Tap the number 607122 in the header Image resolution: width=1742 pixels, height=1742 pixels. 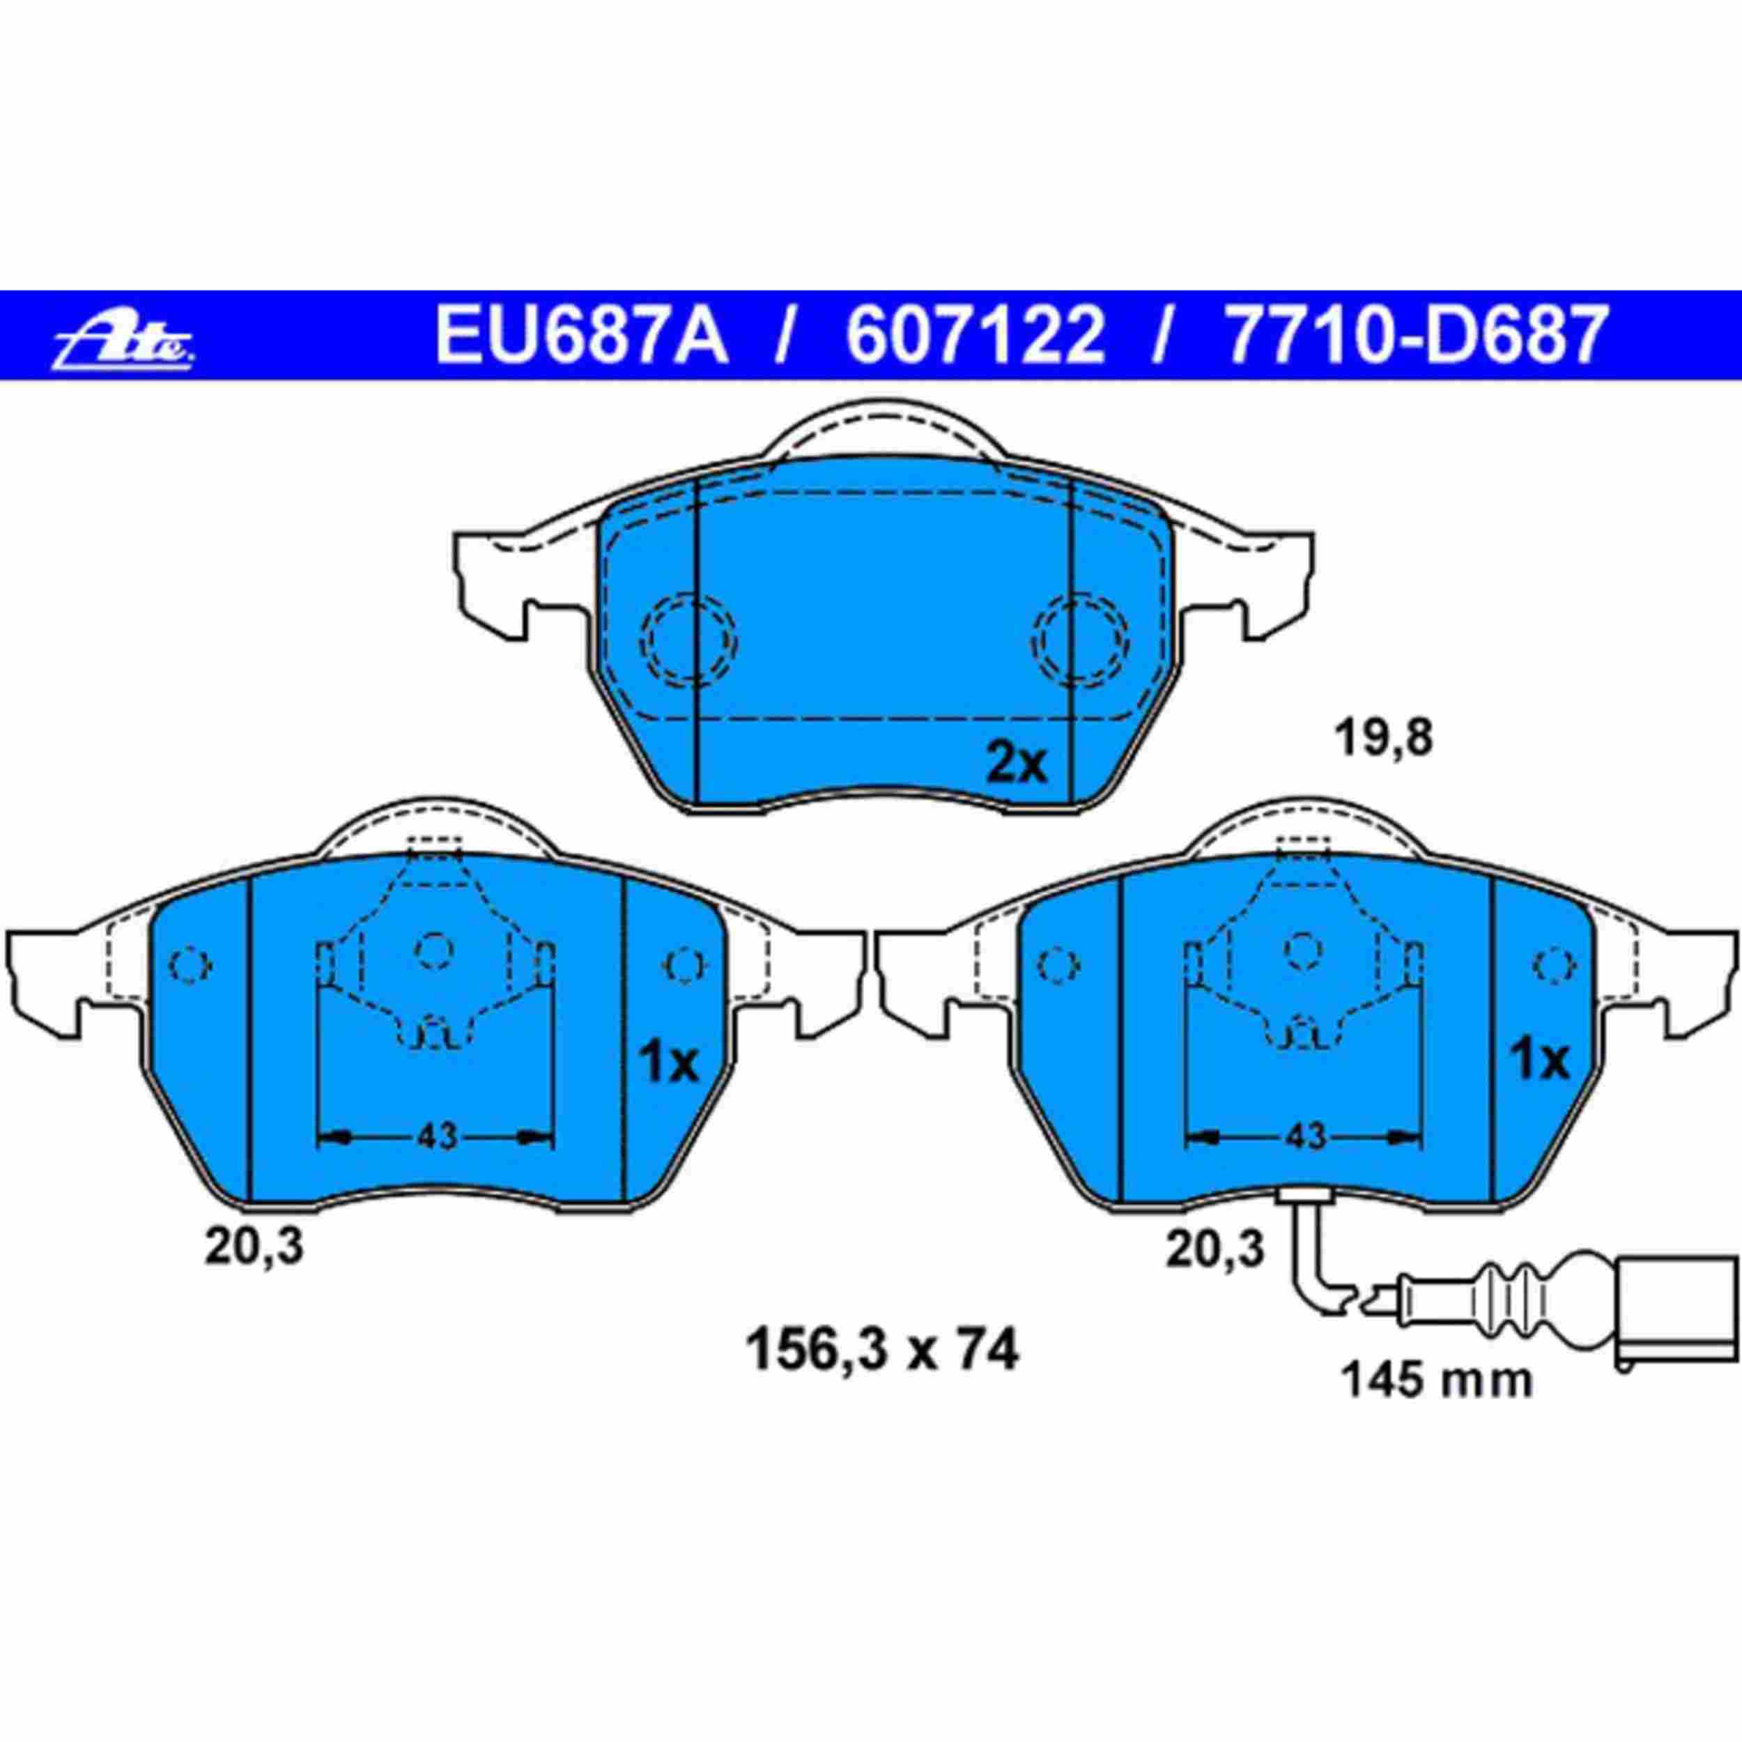[976, 335]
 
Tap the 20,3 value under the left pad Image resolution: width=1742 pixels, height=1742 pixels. [254, 1248]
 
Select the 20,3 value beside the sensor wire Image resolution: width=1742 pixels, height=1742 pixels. [1215, 1249]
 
